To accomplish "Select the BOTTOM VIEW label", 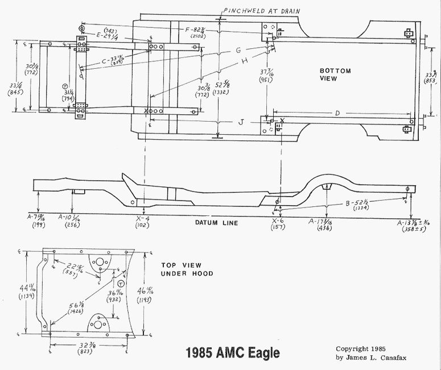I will click(x=335, y=74).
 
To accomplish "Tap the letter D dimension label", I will click(x=337, y=114).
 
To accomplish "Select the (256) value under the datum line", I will click(x=69, y=226).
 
